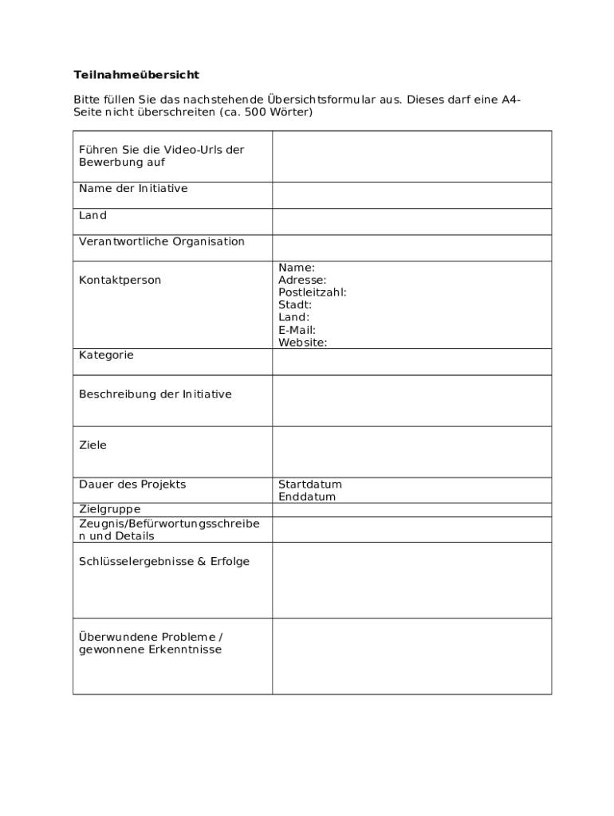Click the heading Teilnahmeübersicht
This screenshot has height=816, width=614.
point(136,75)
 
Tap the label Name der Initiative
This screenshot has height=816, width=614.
point(133,189)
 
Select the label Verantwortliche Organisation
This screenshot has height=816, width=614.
point(162,241)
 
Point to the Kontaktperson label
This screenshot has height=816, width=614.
point(120,280)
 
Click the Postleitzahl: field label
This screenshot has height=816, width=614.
point(312,292)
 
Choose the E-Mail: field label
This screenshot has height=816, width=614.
point(297,330)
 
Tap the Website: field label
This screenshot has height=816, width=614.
point(302,343)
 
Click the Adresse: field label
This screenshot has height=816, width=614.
point(302,280)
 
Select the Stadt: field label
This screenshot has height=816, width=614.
point(295,305)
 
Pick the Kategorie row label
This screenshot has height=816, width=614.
point(106,355)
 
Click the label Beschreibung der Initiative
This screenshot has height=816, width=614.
point(155,394)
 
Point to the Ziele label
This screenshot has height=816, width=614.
point(92,445)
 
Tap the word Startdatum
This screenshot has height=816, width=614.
point(310,484)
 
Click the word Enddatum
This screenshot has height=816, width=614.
point(307,497)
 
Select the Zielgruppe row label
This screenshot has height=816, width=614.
point(110,509)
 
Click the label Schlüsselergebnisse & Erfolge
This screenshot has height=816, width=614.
point(164,562)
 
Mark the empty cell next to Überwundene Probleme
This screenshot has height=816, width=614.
point(411,656)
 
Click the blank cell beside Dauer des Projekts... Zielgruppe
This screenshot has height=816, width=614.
point(411,510)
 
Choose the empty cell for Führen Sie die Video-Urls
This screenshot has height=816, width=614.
point(411,156)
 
